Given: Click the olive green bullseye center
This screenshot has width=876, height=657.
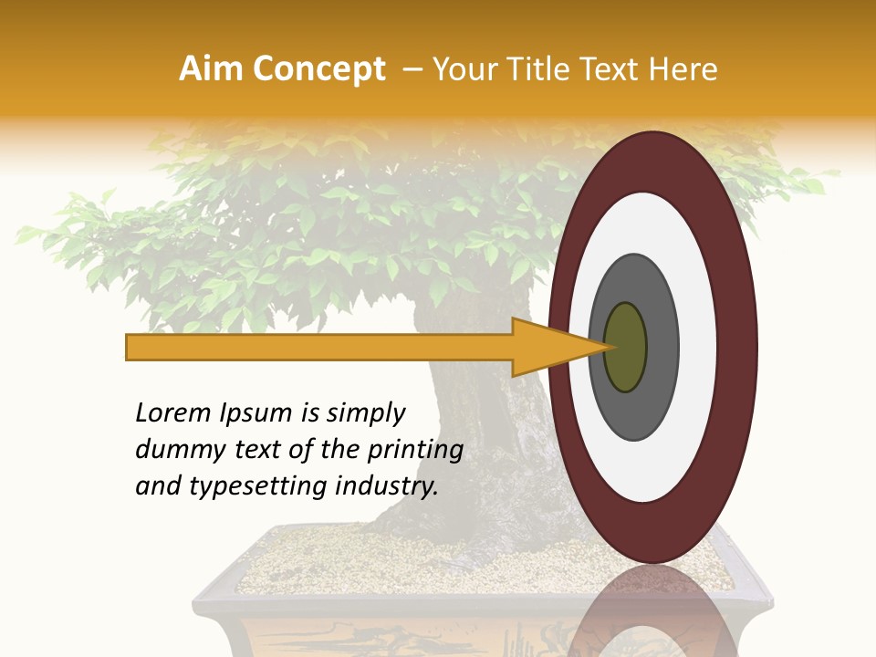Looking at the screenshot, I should (625, 347).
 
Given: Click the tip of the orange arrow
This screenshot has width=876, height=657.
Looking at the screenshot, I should (609, 347).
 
